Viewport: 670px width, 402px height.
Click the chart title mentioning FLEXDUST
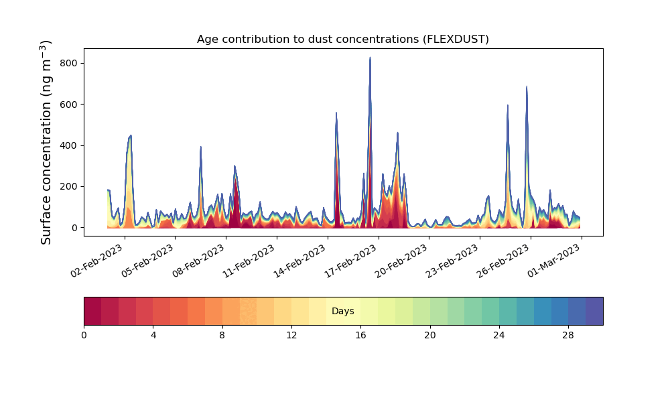pos(342,40)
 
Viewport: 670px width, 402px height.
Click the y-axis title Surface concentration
pos(46,142)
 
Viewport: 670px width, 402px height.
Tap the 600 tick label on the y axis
pos(68,105)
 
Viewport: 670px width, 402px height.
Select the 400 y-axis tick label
pos(68,145)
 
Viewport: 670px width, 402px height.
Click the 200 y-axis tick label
pos(68,187)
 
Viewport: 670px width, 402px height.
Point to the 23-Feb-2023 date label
pos(452,261)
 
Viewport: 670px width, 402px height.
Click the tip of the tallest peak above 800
pos(370,57)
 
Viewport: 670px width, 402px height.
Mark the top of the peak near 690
pos(527,86)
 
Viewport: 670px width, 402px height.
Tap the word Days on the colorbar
pos(342,311)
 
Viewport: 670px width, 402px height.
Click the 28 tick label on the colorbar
pos(568,336)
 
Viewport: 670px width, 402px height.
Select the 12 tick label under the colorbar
pos(291,336)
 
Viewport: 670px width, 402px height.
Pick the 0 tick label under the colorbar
pos(84,336)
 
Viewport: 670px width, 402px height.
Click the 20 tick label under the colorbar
pos(430,336)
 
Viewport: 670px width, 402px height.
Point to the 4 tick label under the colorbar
pos(153,336)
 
